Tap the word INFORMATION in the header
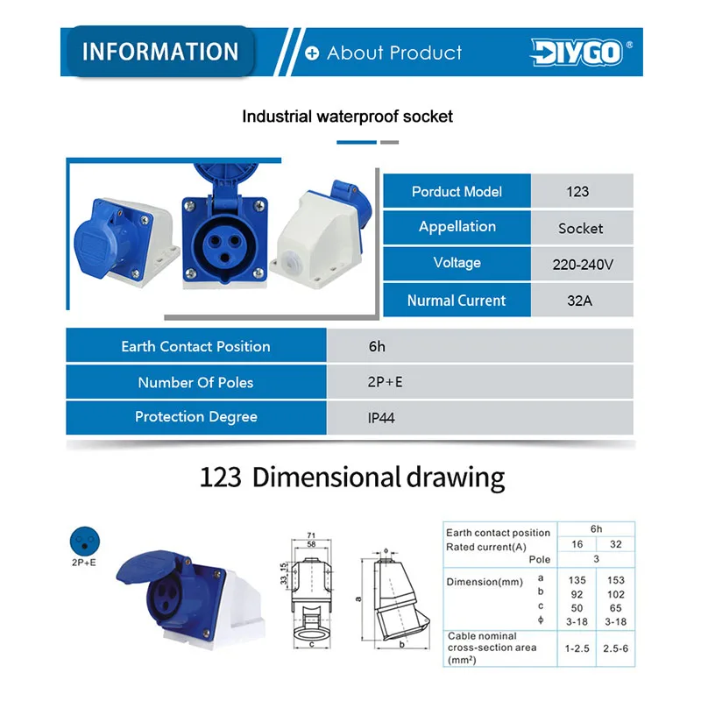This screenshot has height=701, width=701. pyautogui.click(x=160, y=52)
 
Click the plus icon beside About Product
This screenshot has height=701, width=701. pyautogui.click(x=312, y=53)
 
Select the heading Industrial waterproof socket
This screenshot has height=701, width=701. pyautogui.click(x=347, y=117)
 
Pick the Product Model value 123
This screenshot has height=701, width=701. pyautogui.click(x=577, y=192)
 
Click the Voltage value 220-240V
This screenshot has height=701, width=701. pyautogui.click(x=583, y=265)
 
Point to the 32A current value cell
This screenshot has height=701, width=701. pyautogui.click(x=582, y=300)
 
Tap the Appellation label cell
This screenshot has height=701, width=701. pyautogui.click(x=457, y=227)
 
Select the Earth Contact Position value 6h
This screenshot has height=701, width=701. pyautogui.click(x=377, y=346)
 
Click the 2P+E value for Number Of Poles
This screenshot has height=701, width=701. pyautogui.click(x=385, y=382)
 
